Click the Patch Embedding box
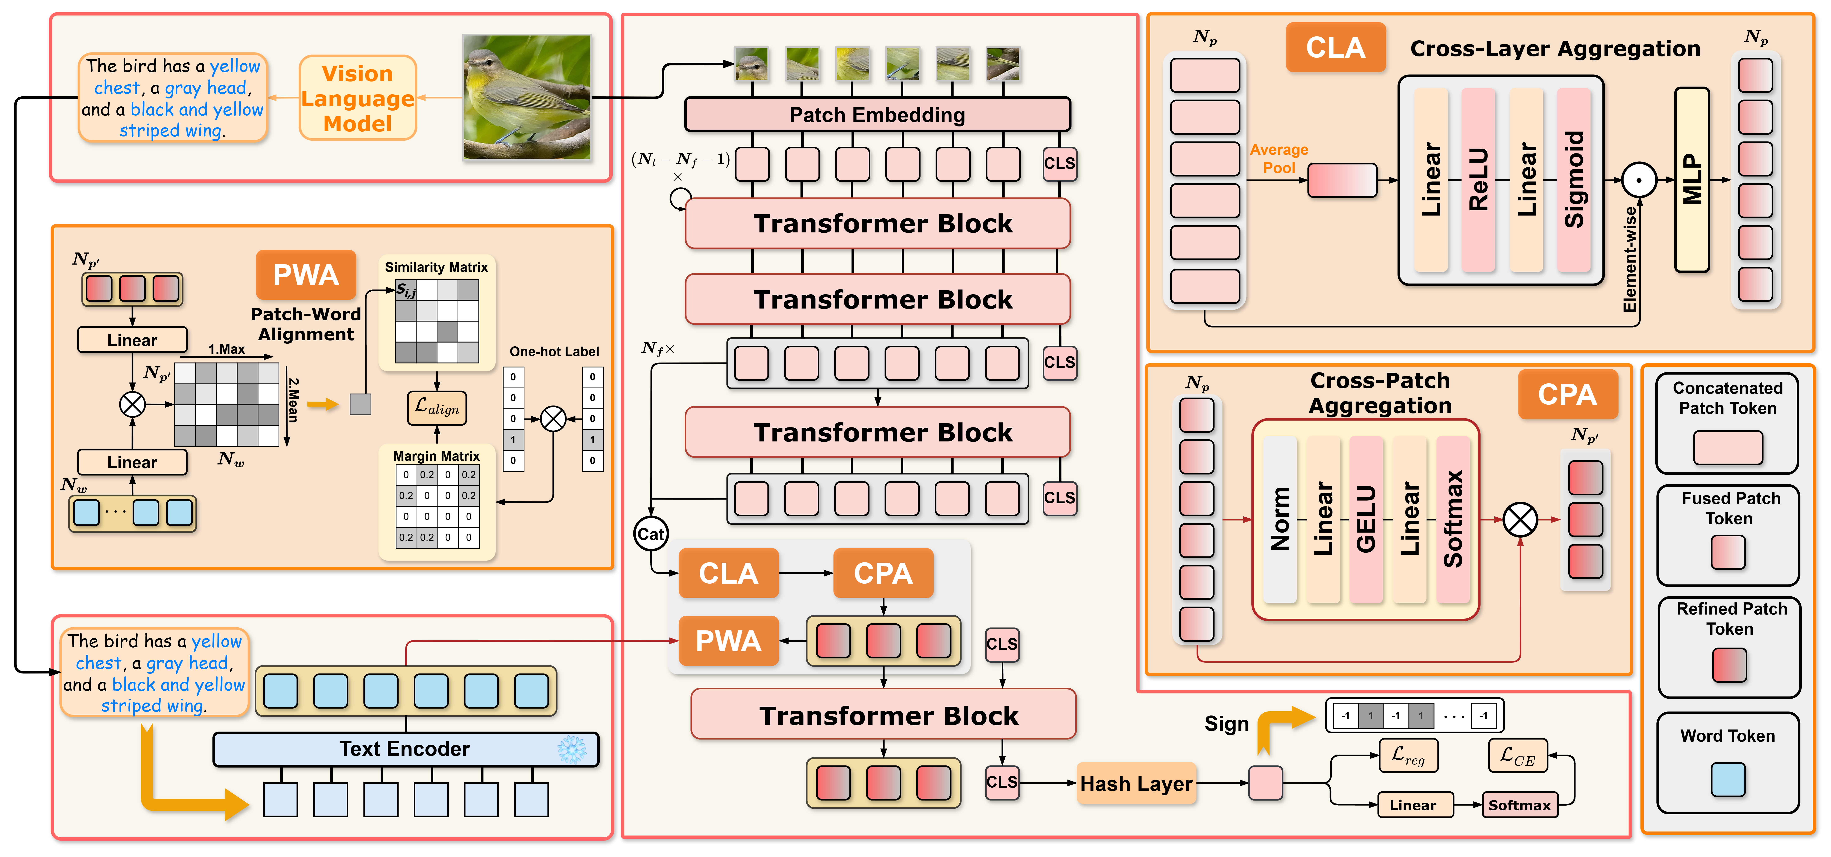[x=877, y=114]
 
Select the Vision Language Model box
[x=358, y=98]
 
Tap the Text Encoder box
[x=405, y=749]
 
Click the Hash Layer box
[x=1136, y=783]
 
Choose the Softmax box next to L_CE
[x=1520, y=805]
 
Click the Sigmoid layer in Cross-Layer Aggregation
[x=1574, y=180]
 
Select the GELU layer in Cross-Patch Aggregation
[x=1366, y=519]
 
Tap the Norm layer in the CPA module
[x=1280, y=519]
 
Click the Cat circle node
[x=650, y=534]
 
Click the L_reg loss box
[x=1408, y=755]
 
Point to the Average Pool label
[x=1279, y=158]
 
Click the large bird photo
[x=527, y=97]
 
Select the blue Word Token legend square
[x=1728, y=779]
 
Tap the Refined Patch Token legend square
[x=1729, y=665]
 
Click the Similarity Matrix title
[x=436, y=267]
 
